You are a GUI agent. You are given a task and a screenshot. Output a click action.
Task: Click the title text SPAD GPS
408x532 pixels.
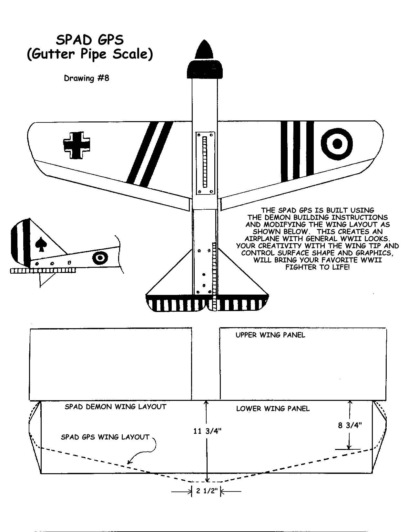90,40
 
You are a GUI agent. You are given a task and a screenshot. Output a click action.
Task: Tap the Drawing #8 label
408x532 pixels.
87,78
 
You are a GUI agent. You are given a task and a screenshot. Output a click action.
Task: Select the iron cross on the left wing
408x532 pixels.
76,145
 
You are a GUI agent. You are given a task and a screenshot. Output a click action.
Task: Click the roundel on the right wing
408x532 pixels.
337,144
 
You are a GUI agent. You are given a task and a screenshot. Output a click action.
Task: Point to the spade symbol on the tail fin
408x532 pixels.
41,245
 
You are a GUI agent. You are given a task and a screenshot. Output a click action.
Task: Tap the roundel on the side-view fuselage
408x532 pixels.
100,258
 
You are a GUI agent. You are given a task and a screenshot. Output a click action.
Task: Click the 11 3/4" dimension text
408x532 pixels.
207,431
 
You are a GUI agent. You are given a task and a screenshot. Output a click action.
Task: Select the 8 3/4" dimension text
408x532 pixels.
350,425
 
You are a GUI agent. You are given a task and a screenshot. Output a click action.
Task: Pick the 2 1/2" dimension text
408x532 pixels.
207,491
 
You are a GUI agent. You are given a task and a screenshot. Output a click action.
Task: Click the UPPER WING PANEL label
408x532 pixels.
270,335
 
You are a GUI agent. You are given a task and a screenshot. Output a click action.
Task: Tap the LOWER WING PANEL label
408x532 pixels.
273,408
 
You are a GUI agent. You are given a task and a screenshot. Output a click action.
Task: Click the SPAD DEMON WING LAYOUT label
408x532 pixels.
116,407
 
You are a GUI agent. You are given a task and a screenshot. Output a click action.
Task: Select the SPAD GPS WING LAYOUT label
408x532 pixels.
105,437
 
